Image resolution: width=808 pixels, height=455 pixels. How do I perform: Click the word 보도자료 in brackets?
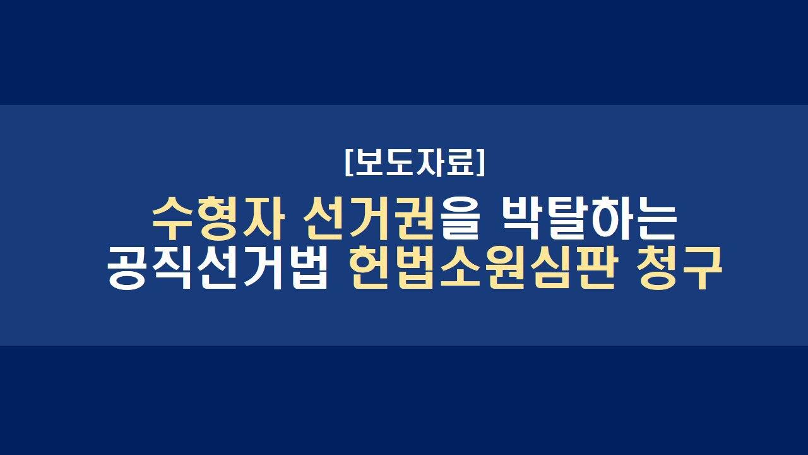[x=415, y=162]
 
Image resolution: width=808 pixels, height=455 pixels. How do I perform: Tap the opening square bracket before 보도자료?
[x=348, y=162]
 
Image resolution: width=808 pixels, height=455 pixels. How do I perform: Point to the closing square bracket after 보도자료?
[x=481, y=162]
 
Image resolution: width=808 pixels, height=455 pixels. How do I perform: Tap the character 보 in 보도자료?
[x=369, y=162]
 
